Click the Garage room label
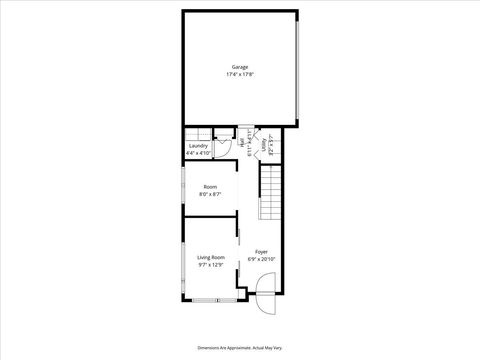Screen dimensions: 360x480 [240, 67]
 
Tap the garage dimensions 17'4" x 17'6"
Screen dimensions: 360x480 [240, 74]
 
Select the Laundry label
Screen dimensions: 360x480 [198, 146]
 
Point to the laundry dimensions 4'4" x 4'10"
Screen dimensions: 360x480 [198, 153]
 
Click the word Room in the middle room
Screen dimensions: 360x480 [210, 187]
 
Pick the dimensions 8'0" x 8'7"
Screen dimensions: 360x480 [210, 194]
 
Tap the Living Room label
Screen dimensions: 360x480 [210, 257]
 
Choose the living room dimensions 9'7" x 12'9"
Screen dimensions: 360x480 [210, 264]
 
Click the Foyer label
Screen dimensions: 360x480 [261, 251]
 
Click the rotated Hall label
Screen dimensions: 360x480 [240, 143]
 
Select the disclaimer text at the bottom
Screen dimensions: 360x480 [240, 346]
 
